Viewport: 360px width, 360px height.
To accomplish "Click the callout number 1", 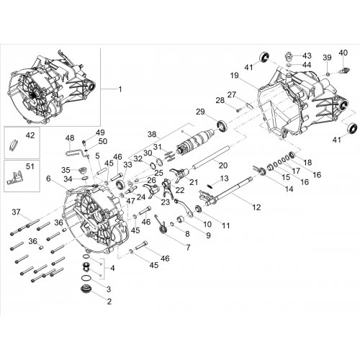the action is point(120,89).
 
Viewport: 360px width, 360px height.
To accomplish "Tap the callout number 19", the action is point(235,76).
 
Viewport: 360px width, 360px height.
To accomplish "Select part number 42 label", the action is point(30,135).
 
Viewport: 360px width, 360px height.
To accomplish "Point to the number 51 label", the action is point(30,166).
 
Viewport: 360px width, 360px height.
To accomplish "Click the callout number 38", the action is point(152,134).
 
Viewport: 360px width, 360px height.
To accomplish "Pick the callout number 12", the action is point(256,207).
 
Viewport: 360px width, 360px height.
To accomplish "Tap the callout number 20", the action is point(223,166).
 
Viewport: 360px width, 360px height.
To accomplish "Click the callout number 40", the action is point(343,53).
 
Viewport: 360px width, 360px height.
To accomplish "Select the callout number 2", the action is point(109,302).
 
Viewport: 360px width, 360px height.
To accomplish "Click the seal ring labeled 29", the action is point(222,127).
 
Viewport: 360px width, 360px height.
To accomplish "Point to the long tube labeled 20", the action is point(210,157).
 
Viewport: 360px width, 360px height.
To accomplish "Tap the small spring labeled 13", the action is point(210,186).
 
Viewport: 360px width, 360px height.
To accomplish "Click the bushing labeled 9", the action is point(181,220).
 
